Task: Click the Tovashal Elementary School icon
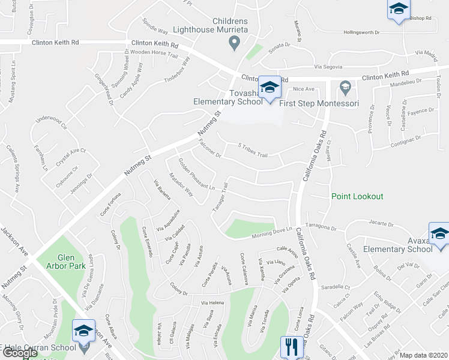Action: (270, 87)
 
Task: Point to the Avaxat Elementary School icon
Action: (439, 234)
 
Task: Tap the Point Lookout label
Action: (357, 196)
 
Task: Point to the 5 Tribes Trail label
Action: (253, 150)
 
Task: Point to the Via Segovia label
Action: (325, 67)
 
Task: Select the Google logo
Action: (20, 353)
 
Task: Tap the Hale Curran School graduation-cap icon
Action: (83, 331)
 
